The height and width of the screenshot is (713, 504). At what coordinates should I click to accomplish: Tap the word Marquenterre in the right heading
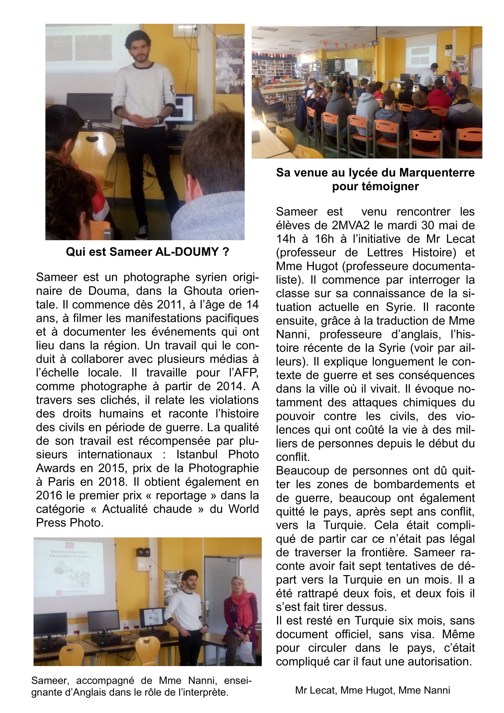point(437,173)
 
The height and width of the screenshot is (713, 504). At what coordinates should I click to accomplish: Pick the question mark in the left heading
point(225,252)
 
